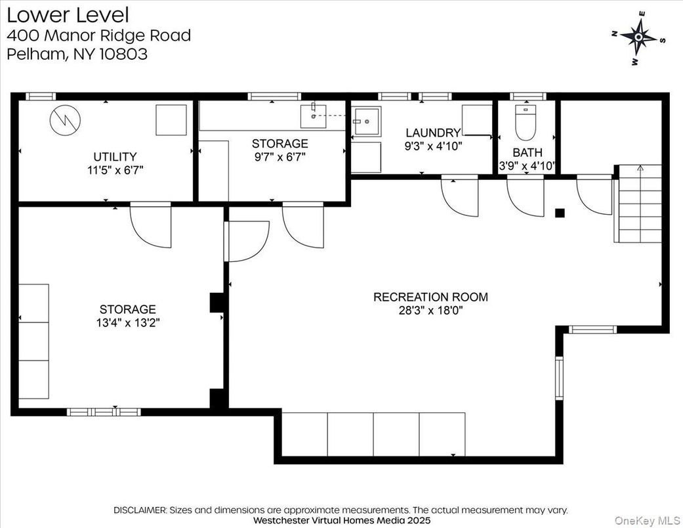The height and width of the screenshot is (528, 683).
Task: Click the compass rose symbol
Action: [639, 37]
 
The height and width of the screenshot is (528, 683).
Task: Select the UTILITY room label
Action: [115, 157]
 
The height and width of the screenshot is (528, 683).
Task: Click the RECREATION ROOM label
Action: [430, 297]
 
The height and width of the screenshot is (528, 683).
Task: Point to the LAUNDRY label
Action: [432, 133]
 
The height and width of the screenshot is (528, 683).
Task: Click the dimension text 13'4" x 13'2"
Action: [127, 322]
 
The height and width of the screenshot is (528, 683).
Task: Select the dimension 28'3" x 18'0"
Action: [430, 311]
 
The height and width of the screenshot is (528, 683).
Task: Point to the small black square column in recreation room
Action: [560, 212]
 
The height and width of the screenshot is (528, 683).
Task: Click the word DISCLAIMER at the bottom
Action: [140, 510]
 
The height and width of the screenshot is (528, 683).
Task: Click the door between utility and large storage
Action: [151, 225]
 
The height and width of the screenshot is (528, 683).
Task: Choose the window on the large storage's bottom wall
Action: [104, 412]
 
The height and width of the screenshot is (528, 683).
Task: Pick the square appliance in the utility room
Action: [171, 120]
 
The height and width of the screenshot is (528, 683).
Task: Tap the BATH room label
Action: [528, 152]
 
